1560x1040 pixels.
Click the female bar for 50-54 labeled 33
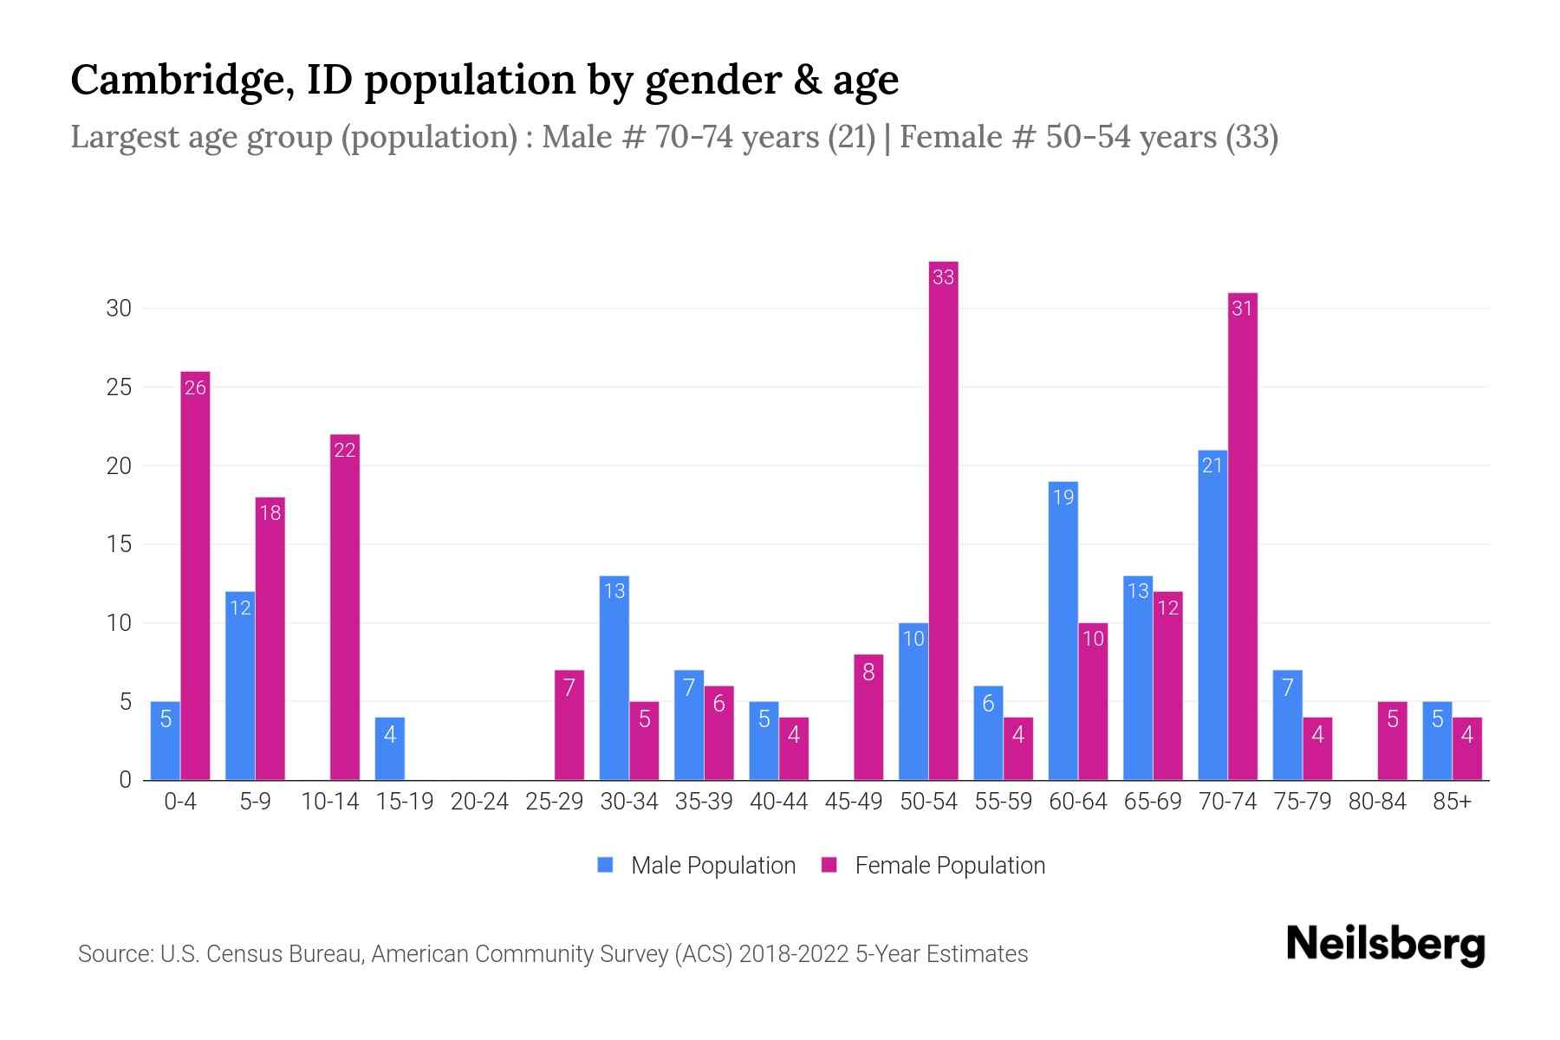(x=943, y=520)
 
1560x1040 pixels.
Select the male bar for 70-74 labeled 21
(x=1212, y=615)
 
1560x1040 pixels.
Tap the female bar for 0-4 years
(x=195, y=576)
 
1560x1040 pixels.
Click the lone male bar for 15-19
(x=390, y=749)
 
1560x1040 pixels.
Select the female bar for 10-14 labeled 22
(x=345, y=607)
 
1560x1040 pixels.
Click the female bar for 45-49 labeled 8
(x=868, y=718)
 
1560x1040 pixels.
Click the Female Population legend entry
(x=933, y=866)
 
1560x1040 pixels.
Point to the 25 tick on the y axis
(x=119, y=387)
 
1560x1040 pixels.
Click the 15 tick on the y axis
(x=119, y=544)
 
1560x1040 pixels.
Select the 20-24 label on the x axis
(x=479, y=802)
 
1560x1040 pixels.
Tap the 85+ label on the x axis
(x=1452, y=802)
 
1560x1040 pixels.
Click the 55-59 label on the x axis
(x=1003, y=802)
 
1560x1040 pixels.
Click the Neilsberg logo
(x=1385, y=945)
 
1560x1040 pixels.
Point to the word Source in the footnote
(x=114, y=954)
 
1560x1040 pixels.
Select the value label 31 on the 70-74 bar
(x=1242, y=309)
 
